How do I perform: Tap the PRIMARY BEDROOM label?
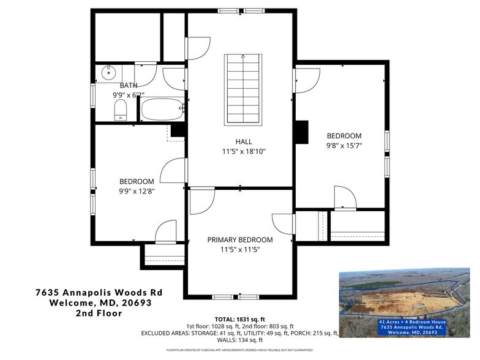[240, 239]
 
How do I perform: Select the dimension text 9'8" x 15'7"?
[343, 146]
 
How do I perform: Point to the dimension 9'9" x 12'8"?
[137, 192]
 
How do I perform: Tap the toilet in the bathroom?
[121, 111]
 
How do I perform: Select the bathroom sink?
[108, 73]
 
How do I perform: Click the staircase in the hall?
[244, 89]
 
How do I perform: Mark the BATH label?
[129, 85]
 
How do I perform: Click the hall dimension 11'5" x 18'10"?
[244, 151]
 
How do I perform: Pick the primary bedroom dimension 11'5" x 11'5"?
[240, 250]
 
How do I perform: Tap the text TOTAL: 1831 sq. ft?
[240, 319]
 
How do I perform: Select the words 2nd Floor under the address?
[99, 313]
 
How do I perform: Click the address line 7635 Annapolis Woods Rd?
[99, 293]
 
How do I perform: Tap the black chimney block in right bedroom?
[301, 132]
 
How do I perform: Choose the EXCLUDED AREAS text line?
[240, 333]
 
